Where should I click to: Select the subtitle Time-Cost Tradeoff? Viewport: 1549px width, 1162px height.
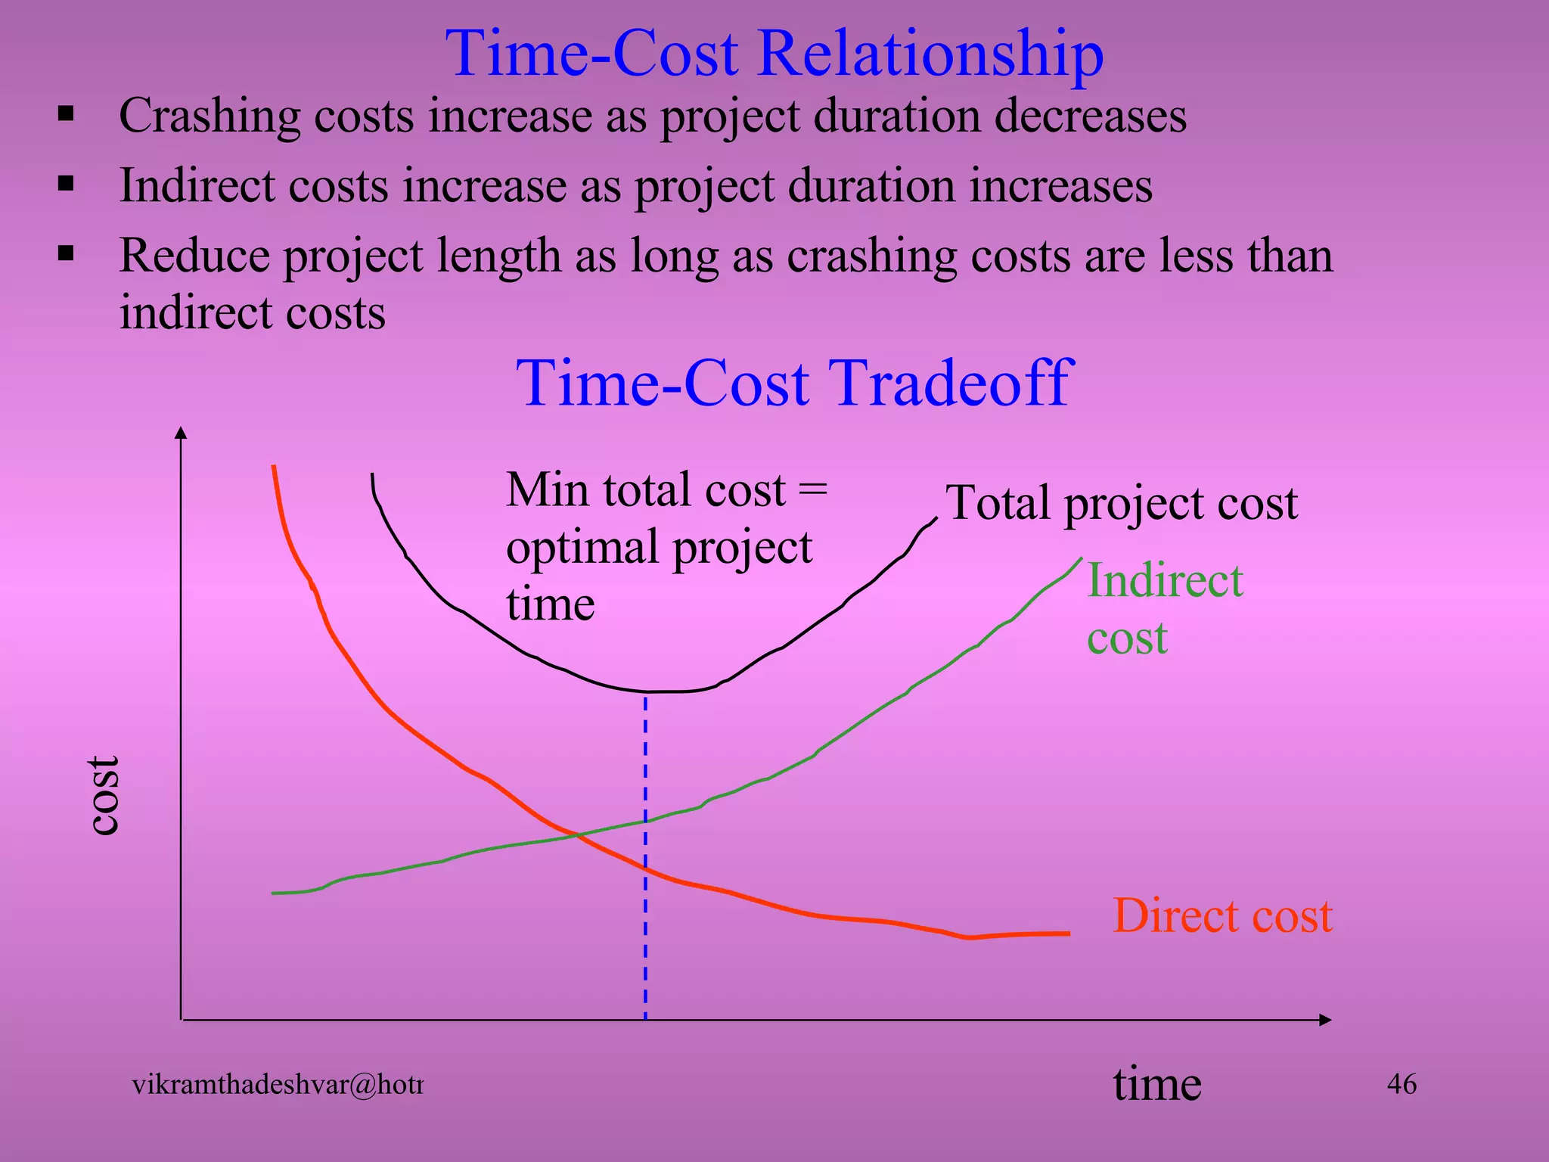(794, 383)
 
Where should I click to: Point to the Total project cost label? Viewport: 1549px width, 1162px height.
(1121, 503)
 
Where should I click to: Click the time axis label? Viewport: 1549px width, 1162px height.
(1156, 1083)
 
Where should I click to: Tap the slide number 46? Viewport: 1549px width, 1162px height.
(1401, 1084)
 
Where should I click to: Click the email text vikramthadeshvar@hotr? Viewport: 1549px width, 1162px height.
(278, 1085)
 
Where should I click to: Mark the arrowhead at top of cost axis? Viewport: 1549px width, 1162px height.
(181, 433)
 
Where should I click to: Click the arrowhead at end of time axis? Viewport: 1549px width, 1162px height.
(1324, 1020)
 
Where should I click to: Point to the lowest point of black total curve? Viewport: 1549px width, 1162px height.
(658, 691)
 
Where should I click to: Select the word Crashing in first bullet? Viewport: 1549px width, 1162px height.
(209, 117)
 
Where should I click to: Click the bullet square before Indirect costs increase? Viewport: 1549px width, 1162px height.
(67, 184)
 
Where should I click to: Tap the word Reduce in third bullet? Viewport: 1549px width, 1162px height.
(194, 256)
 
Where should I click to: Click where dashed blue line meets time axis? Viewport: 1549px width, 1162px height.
(645, 1019)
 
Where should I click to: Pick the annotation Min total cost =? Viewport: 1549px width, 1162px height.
(666, 490)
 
